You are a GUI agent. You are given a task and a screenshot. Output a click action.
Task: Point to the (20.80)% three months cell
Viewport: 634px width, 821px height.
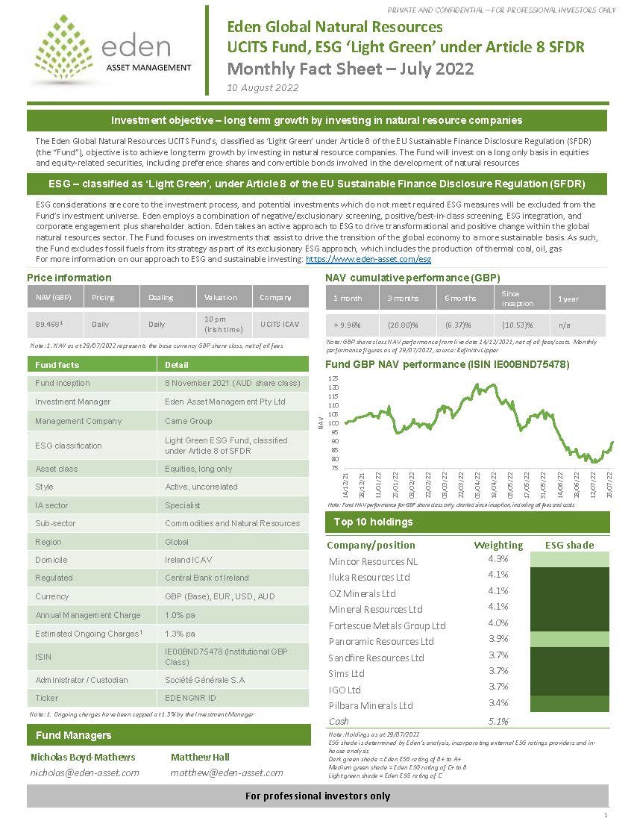pos(402,325)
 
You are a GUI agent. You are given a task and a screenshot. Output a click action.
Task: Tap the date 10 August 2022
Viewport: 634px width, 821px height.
pos(263,87)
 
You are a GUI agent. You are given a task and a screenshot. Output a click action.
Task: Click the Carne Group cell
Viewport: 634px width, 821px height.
pos(189,421)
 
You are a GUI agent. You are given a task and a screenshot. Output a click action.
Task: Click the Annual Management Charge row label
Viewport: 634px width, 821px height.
pos(88,615)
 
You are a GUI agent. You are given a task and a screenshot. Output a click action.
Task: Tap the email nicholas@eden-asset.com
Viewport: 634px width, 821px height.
pos(84,772)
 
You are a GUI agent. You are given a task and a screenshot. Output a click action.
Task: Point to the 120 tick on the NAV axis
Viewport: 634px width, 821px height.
pos(333,387)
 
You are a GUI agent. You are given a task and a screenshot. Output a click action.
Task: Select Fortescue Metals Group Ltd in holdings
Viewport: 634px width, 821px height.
pos(387,625)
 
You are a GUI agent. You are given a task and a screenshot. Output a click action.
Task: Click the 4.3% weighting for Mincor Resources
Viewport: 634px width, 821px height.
pos(498,558)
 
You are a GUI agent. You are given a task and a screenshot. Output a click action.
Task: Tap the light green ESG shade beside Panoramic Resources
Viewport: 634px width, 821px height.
pos(568,640)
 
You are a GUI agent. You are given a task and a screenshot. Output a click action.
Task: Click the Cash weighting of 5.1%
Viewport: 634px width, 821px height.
pos(498,721)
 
